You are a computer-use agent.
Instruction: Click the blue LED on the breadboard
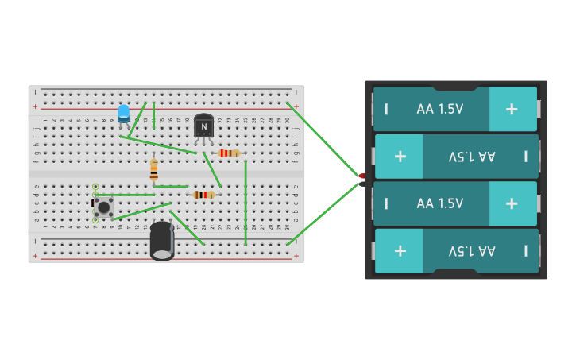[123, 114]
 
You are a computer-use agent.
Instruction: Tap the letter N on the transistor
[204, 126]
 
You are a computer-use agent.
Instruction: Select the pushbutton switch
[103, 207]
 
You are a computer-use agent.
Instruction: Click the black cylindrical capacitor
[162, 240]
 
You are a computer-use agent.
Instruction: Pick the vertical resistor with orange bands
[153, 170]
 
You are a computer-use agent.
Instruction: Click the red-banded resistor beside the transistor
[229, 153]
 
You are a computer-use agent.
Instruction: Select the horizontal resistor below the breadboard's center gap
[204, 195]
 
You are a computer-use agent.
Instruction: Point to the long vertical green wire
[245, 203]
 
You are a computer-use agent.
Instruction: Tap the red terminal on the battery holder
[362, 176]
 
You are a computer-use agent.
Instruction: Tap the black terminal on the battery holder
[362, 184]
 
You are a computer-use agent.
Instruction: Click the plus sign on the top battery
[512, 109]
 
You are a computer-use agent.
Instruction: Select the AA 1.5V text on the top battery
[439, 109]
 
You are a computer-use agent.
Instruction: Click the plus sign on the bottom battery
[400, 250]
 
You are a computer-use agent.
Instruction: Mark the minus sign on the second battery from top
[525, 156]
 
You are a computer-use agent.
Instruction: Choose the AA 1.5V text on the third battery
[439, 203]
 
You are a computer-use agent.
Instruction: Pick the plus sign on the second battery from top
[400, 156]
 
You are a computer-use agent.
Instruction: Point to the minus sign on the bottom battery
[525, 250]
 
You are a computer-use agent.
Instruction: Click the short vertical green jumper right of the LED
[153, 115]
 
